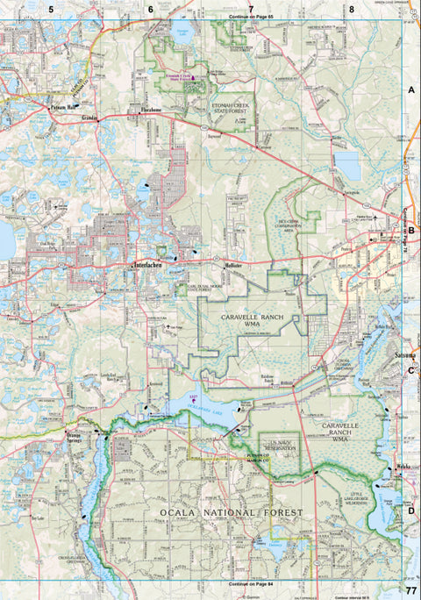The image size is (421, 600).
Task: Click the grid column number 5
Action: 51,9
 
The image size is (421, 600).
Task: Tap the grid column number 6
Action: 150,9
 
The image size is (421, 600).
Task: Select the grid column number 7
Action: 251,9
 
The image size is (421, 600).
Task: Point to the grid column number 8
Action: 351,9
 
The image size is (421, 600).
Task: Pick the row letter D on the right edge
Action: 410,510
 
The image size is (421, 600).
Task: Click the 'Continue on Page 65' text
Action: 250,17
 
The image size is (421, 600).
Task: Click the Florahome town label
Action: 154,111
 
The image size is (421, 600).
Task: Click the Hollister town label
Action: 232,264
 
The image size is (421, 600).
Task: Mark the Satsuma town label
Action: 405,354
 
